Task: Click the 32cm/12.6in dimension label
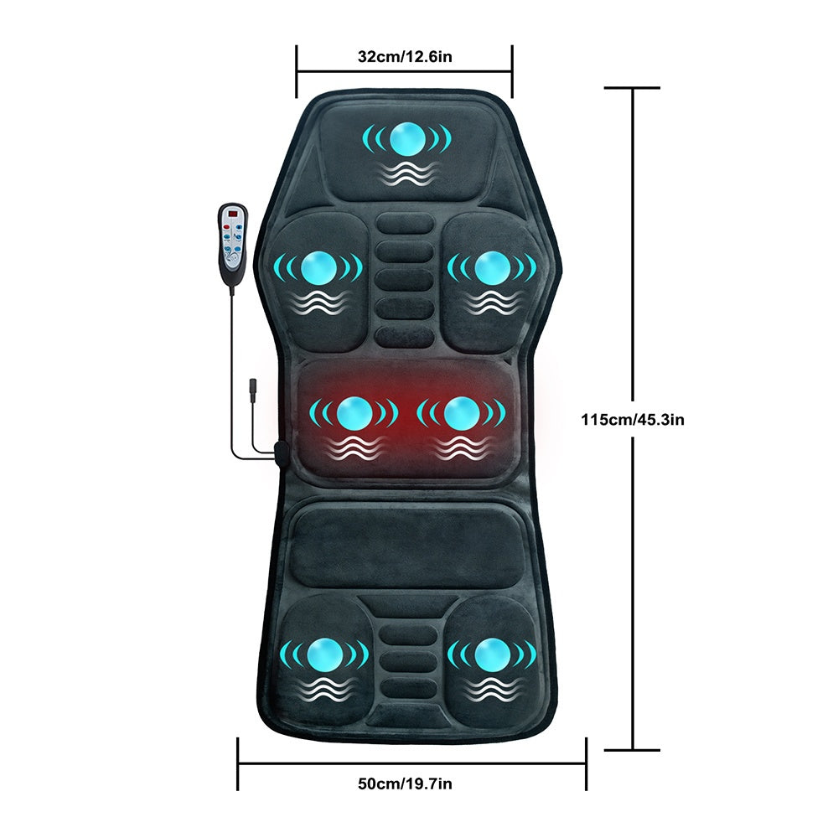point(405,56)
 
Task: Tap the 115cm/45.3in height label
point(633,420)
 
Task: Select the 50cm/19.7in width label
point(405,784)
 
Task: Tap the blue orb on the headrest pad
point(407,138)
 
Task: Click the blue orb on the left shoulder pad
point(318,268)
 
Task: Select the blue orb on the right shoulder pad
point(492,268)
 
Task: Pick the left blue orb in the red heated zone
point(354,413)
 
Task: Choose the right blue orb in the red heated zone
point(461,413)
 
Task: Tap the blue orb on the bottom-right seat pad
point(492,654)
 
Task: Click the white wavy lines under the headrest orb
point(407,174)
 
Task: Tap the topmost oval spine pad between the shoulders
point(405,224)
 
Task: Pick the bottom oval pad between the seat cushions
point(407,689)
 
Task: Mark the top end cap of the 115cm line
point(632,88)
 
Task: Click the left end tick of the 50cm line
point(238,763)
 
